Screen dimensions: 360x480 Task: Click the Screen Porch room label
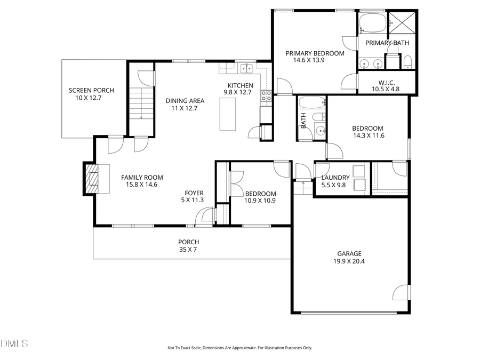coord(91,91)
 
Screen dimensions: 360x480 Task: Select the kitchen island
coord(228,114)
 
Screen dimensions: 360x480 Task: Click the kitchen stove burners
coord(266,95)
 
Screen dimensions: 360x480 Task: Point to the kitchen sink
coord(246,68)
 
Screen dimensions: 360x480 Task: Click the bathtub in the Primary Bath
coord(371,23)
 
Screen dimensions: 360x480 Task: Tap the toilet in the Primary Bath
coord(407,61)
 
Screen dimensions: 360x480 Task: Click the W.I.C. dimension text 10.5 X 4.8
coord(386,89)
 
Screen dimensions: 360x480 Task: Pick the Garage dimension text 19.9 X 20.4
coord(349,261)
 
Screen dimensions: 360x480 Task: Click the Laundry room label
coord(335,178)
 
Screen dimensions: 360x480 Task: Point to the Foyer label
coord(194,193)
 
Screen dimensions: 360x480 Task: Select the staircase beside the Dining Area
coord(141,103)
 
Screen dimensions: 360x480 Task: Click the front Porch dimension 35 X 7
coord(188,249)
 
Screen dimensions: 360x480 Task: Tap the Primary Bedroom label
coord(315,53)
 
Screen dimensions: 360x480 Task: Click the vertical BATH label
coord(303,121)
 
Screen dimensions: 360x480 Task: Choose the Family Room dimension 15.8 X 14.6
coord(141,185)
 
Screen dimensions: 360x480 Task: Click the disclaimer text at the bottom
coord(239,348)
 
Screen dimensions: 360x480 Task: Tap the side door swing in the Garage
coord(401,293)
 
